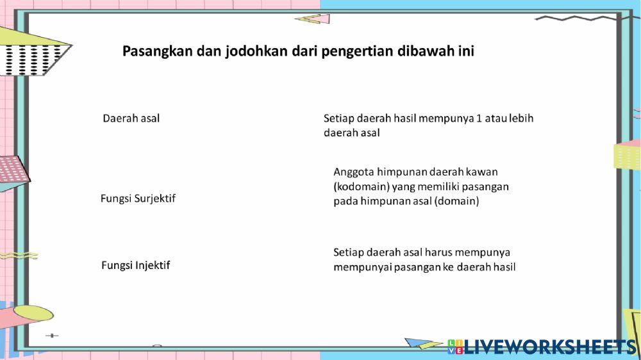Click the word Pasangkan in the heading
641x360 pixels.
click(151, 51)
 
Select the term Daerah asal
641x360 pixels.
click(131, 119)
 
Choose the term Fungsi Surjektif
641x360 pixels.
click(138, 199)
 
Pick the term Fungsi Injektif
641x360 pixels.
click(136, 265)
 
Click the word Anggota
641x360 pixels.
click(353, 172)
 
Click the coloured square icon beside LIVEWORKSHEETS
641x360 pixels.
click(456, 347)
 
